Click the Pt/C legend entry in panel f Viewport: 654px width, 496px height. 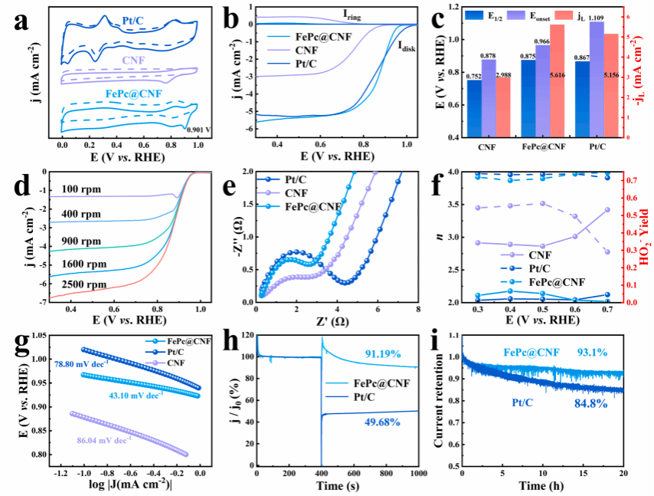534,268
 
